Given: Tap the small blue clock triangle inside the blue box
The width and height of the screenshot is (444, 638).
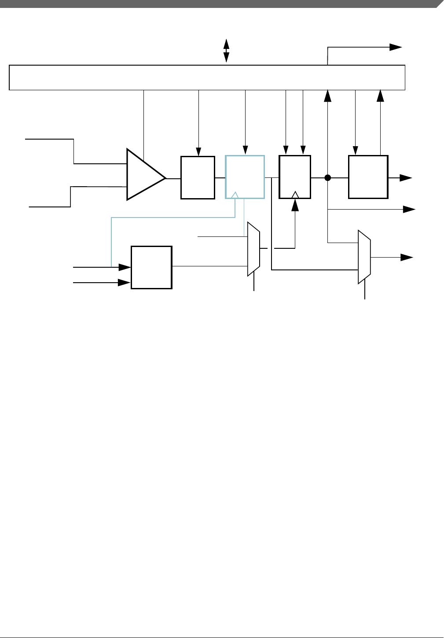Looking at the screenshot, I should coord(235,195).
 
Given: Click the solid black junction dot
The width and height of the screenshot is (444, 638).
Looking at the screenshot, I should coord(327,178).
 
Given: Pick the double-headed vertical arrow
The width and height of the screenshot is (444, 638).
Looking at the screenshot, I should coord(226,51).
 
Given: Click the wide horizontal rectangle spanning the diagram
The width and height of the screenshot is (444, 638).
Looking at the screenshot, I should coord(207,77).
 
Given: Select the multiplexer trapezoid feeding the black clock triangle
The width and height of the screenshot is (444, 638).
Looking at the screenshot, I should coord(253,249).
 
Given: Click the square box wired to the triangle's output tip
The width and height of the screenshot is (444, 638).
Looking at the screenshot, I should coord(198,177).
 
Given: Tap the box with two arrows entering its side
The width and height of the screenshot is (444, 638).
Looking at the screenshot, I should coord(151,267).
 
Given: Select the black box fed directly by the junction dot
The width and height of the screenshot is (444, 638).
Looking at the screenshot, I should coord(368,177).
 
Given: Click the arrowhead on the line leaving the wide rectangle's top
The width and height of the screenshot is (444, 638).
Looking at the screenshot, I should coord(396,47).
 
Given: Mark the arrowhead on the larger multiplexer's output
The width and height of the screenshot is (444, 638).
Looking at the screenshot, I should coord(407,257).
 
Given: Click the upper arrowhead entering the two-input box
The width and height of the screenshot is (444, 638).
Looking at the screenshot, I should coord(125,267).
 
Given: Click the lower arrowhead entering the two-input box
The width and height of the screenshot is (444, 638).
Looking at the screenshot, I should coord(125,283).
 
